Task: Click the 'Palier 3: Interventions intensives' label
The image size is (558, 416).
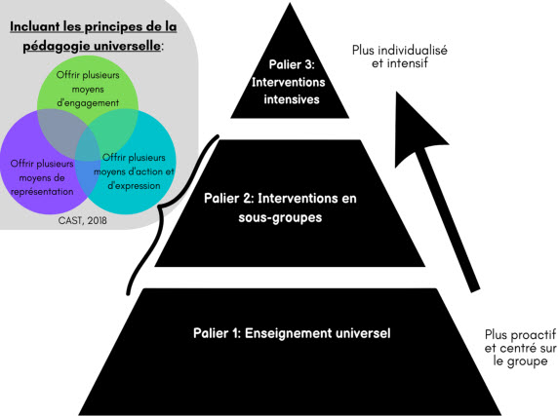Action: tap(288, 82)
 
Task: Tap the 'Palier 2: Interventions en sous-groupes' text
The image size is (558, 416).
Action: tap(280, 208)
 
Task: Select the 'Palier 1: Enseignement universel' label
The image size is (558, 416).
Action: tap(292, 333)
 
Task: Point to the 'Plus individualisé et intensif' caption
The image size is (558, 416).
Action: tap(400, 57)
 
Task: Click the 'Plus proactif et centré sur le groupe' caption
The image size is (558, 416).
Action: tap(520, 348)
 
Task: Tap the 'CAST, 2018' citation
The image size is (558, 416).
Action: tap(83, 220)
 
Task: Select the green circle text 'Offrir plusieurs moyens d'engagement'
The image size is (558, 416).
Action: tap(88, 89)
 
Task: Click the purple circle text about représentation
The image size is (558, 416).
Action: tap(42, 177)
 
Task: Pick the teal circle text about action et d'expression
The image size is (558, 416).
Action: tap(134, 171)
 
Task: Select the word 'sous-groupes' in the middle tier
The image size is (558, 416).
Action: tap(280, 217)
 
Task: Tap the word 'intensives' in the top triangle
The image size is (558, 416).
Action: tap(292, 99)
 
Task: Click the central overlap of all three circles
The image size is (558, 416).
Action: tap(88, 146)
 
